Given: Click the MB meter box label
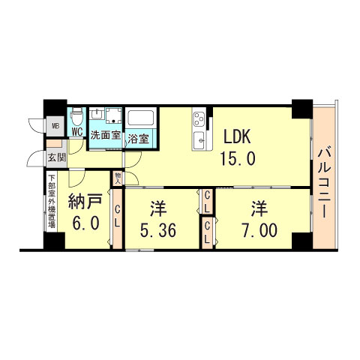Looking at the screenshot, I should [55, 126].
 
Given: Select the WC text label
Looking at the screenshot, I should [77, 133].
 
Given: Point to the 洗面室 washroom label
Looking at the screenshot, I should [106, 136].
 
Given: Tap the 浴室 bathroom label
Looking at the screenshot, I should [139, 139].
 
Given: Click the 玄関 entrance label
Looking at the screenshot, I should [56, 158].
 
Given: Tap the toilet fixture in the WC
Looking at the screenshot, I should [77, 118].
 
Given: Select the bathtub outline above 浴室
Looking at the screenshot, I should [140, 118].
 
